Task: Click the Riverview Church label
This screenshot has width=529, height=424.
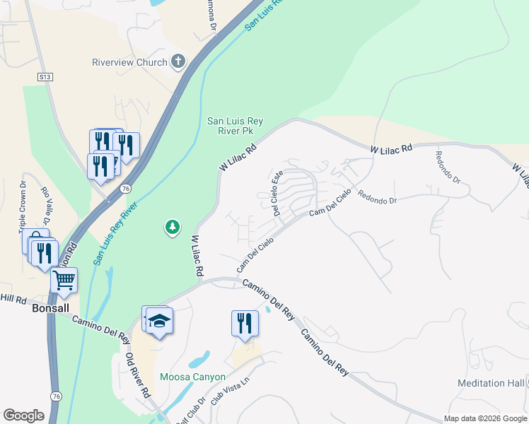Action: click(129, 62)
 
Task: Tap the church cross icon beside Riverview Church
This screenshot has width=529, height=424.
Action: click(178, 61)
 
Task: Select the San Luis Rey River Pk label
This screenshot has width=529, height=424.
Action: click(235, 126)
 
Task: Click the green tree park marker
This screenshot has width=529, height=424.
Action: click(171, 227)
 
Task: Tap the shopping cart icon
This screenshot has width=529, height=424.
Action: click(64, 281)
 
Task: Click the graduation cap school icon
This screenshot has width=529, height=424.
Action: click(160, 322)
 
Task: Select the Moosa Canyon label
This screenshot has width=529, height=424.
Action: click(192, 377)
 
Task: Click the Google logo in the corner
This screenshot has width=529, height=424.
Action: click(23, 416)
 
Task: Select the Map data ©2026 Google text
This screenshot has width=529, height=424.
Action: click(485, 418)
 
